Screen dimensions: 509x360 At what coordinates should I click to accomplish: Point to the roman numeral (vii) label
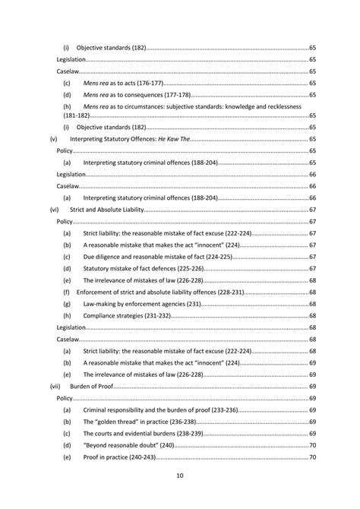[54, 386]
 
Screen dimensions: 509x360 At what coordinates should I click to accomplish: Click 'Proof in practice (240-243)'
[118, 457]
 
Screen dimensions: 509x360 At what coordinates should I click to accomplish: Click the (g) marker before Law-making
[67, 304]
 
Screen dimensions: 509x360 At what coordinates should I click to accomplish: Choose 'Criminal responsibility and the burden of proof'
[156, 409]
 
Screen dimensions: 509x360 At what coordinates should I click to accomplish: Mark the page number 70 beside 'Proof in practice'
[312, 457]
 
